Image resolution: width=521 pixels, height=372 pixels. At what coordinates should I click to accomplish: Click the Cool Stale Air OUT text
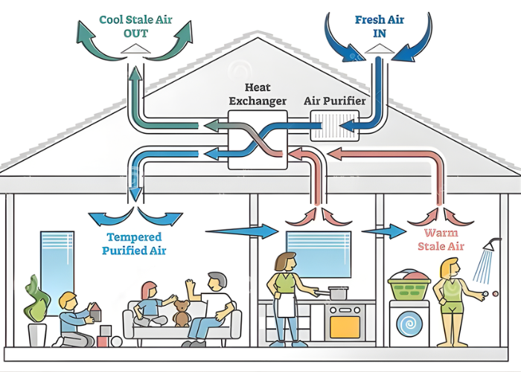135,27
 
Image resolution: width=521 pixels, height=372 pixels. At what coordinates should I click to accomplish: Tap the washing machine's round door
409,324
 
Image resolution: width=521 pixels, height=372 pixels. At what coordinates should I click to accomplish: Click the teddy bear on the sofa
182,315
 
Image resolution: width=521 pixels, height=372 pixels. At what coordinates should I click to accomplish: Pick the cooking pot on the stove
339,294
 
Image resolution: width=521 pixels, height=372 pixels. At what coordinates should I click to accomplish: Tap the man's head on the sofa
216,283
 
